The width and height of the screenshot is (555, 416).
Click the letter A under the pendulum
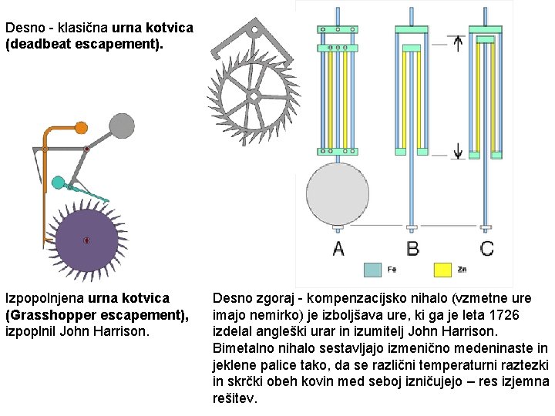click(338, 248)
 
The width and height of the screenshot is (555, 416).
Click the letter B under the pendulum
click(413, 248)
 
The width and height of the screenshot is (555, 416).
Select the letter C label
click(487, 248)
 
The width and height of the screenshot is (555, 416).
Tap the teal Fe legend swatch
click(372, 270)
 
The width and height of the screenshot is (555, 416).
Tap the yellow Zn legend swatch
click(442, 270)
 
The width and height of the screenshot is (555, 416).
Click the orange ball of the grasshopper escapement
click(80, 127)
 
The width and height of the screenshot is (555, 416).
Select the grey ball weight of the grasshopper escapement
click(122, 125)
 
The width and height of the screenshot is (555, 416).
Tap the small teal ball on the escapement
click(57, 183)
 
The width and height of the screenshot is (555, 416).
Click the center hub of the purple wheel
click(86, 240)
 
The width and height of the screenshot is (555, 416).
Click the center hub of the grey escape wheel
click(252, 96)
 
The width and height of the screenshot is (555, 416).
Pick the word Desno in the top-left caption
click(24, 28)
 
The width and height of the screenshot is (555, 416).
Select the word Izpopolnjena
click(45, 297)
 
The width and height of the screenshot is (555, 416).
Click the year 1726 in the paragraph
click(506, 314)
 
